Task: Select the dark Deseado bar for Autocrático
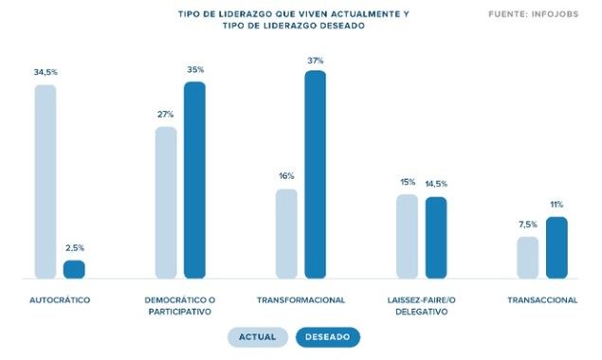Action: click(x=74, y=270)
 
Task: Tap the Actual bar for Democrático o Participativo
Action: click(x=166, y=203)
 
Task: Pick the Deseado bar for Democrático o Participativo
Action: click(x=194, y=180)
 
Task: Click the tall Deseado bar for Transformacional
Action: click(x=315, y=174)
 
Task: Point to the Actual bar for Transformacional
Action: click(x=286, y=234)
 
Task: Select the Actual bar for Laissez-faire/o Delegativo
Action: click(x=408, y=237)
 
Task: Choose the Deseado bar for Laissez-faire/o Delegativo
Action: click(x=436, y=238)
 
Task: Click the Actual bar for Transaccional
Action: click(x=528, y=258)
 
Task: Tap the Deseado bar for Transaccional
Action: click(x=556, y=248)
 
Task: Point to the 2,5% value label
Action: click(x=74, y=248)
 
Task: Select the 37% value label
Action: click(x=315, y=60)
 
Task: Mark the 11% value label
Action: click(x=556, y=205)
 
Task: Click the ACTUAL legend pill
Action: click(x=257, y=336)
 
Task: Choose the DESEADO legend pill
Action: click(x=328, y=336)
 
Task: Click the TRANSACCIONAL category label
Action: click(x=542, y=300)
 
